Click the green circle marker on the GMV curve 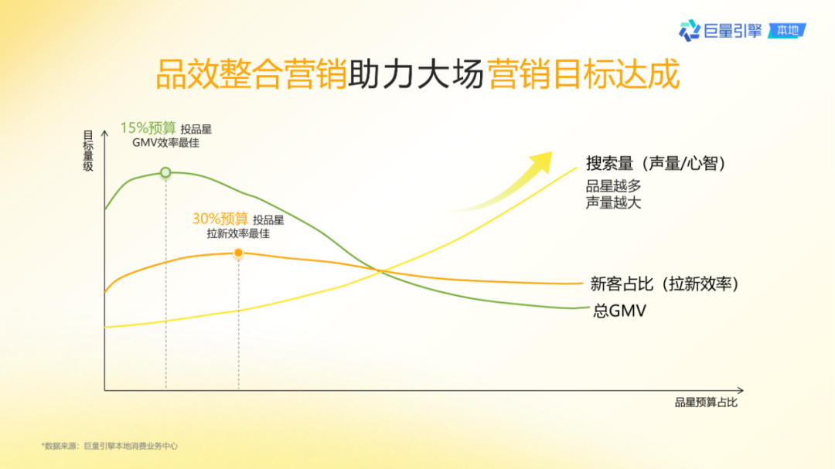click(165, 173)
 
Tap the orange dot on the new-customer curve click(238, 253)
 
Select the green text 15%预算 click(148, 128)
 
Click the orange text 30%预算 click(220, 219)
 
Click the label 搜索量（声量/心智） click(657, 164)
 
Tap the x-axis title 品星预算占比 click(706, 403)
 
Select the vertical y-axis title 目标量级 click(88, 150)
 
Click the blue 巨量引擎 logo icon click(689, 31)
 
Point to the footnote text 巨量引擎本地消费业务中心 click(131, 445)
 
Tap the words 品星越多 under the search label click(613, 186)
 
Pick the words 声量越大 click(613, 202)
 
